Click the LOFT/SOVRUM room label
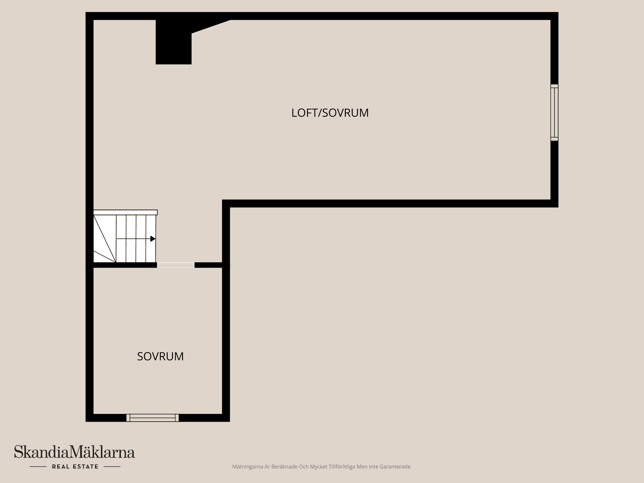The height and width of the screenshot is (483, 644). tap(330, 113)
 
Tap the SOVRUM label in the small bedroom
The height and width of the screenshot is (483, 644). tap(160, 356)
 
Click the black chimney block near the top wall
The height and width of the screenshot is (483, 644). tap(173, 42)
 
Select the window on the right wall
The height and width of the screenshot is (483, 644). tap(554, 112)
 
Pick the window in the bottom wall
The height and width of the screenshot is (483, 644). tap(153, 418)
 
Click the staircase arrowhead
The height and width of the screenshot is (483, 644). tap(153, 239)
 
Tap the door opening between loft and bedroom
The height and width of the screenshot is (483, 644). tap(176, 265)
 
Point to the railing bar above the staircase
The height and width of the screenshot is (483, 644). tap(125, 212)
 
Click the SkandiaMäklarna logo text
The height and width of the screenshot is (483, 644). tap(74, 452)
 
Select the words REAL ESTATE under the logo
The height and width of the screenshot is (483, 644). tap(75, 467)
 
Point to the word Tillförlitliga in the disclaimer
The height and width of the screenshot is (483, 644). tap(344, 467)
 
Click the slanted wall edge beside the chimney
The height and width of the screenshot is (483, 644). tap(211, 26)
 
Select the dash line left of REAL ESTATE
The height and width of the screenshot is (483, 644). tap(38, 467)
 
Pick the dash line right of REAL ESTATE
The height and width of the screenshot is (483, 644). tap(112, 467)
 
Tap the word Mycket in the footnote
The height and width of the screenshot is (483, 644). tap(319, 467)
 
